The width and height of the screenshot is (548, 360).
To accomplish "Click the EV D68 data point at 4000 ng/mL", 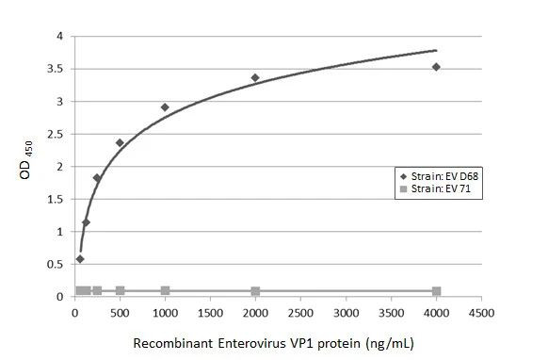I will coord(436,67).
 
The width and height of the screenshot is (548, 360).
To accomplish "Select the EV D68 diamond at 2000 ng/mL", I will coord(255,77).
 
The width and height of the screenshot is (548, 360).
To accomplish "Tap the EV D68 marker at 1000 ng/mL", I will coord(165,107).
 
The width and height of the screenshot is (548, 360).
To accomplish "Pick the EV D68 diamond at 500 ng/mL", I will coord(120,143).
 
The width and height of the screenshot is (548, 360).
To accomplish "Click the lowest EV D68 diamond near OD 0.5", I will coord(80,259).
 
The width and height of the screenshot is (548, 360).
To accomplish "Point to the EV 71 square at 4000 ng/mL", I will coord(436,291).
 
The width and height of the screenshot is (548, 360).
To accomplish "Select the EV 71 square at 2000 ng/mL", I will coord(255,291).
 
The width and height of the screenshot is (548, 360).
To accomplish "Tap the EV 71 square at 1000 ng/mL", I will coord(165,290).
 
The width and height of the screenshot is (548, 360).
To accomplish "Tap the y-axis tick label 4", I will coord(59,36).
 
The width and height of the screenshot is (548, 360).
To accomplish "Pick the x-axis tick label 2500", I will coord(300,312).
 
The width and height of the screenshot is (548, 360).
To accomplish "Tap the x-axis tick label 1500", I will coord(210,312).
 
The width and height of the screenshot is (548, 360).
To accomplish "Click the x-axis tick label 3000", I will coord(346,312).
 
